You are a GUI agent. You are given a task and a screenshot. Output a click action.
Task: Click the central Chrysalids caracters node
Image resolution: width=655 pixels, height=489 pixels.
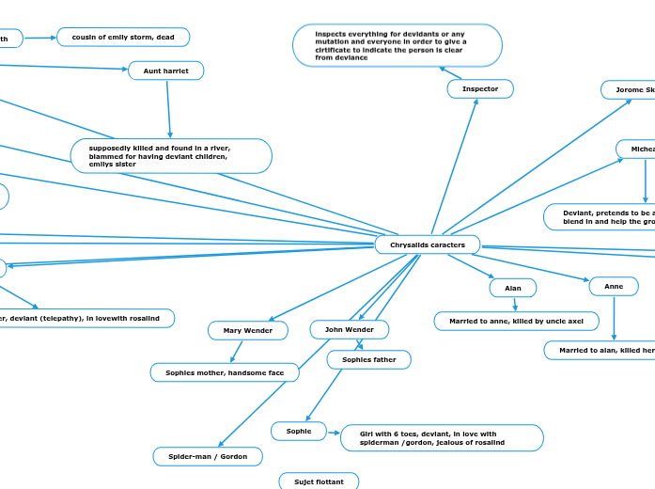point(428,244)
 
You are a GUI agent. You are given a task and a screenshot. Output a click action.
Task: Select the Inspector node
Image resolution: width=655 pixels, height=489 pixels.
point(480,88)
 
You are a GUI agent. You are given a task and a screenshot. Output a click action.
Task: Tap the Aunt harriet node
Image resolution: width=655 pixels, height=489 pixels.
point(165,71)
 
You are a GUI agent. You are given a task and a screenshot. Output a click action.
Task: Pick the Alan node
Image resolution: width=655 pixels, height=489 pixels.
point(513,288)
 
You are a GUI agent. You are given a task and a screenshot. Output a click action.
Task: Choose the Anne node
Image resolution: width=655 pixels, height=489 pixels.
point(614,286)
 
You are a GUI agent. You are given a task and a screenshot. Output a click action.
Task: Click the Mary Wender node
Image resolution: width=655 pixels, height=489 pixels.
point(248,330)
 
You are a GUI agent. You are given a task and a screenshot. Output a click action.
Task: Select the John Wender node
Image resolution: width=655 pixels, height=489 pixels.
point(350,329)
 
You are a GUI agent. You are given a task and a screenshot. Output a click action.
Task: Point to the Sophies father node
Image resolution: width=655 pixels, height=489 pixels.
point(368,359)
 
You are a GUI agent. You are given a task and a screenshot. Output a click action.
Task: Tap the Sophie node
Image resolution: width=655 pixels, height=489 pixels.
point(299,431)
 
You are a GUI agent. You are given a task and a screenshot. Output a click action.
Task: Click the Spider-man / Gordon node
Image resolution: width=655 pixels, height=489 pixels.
point(208,456)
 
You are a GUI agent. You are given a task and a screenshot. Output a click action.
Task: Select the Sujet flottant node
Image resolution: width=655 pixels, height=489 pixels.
point(319,481)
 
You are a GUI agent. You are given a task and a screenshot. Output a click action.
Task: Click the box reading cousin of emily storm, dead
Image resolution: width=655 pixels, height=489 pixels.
point(123,37)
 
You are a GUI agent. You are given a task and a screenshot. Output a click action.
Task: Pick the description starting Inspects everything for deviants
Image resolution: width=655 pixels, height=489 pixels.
point(397,45)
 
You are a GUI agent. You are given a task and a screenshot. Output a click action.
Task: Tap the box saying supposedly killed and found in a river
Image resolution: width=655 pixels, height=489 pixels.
point(171,156)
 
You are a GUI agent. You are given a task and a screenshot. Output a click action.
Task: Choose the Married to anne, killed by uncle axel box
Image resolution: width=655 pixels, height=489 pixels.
point(516,321)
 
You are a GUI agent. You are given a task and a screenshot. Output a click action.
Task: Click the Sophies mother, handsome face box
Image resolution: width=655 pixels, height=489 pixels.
point(225,372)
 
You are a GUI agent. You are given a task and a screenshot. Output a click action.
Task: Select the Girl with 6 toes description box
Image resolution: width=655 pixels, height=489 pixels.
point(441,437)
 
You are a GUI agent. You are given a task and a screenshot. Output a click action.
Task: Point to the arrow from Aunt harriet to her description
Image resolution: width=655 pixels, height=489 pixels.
point(168,109)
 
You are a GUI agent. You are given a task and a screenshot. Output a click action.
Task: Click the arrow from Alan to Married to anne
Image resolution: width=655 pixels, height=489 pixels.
point(514,304)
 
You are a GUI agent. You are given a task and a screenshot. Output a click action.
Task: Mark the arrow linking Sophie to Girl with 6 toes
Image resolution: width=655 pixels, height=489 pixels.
point(333,433)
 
